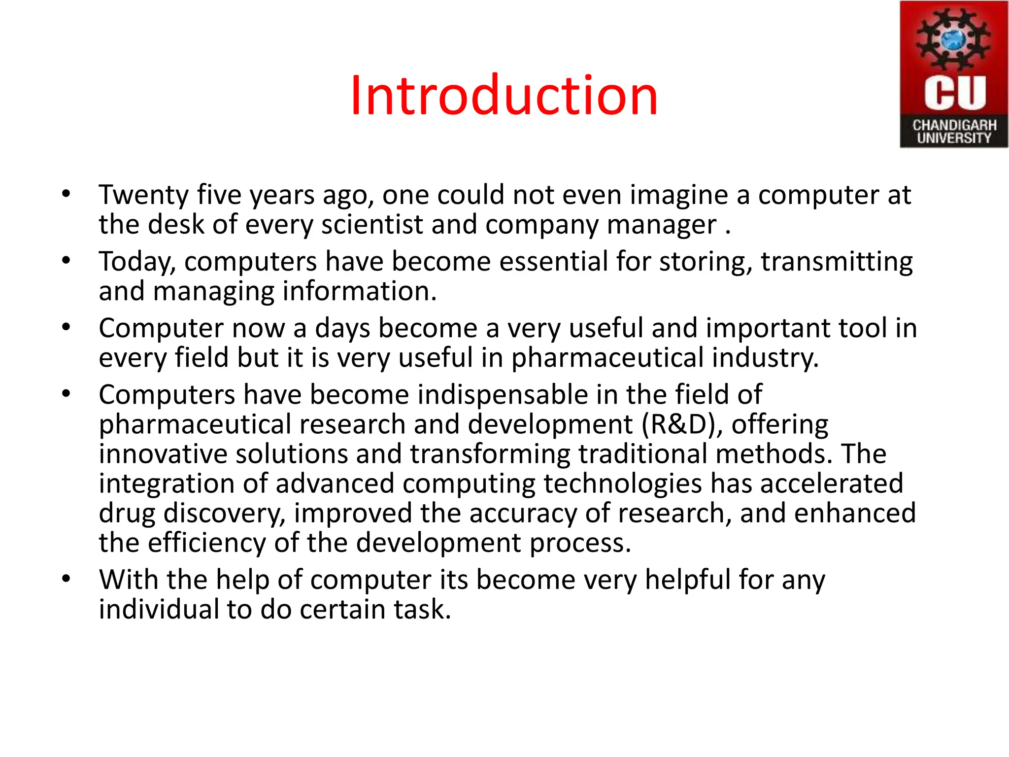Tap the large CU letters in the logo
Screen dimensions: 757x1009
coord(954,92)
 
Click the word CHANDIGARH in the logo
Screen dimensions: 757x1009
coord(954,125)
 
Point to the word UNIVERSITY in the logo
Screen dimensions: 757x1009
coord(954,138)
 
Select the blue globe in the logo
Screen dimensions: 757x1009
coord(954,39)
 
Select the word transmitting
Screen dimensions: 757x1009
coord(836,261)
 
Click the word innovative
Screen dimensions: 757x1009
coord(163,454)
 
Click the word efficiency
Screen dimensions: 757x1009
coord(206,543)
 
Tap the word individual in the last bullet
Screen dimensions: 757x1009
coord(158,610)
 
